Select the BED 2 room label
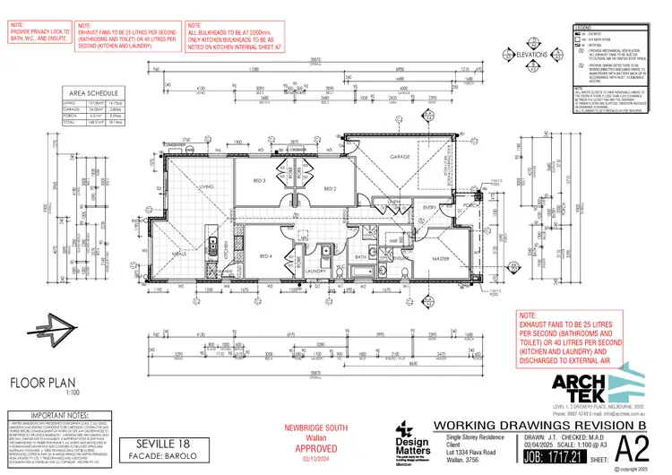(x=328, y=189)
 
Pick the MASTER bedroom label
(x=442, y=260)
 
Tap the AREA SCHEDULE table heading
(x=91, y=91)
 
